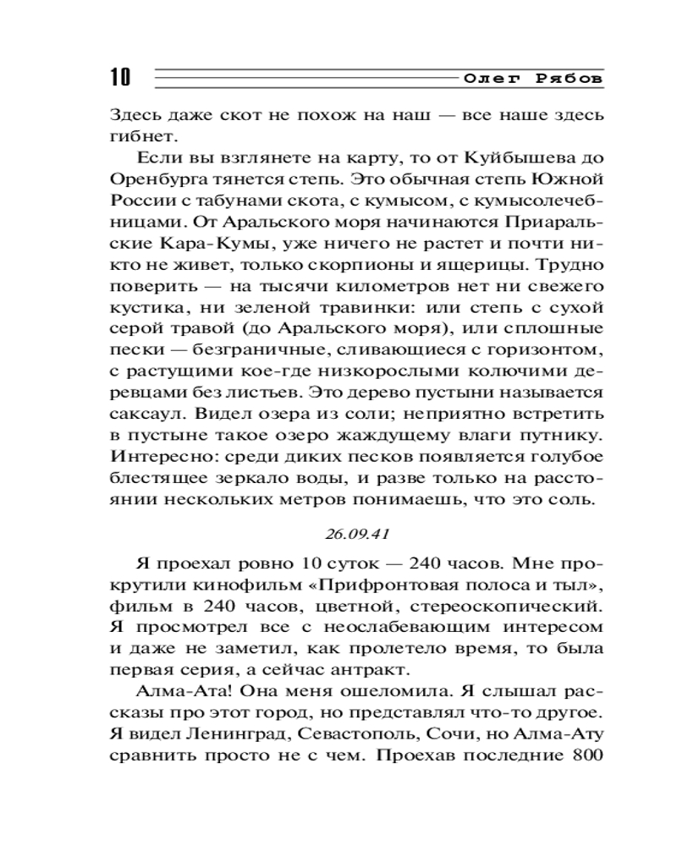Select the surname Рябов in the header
click(570, 78)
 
